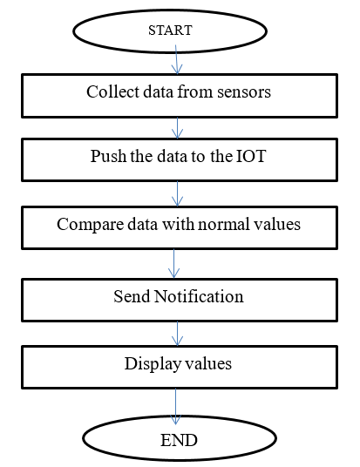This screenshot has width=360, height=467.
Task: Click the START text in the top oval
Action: click(x=170, y=30)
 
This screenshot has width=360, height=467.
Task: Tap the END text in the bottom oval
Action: click(x=179, y=440)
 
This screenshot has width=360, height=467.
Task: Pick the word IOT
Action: click(x=251, y=156)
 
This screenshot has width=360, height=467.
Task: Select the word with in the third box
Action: click(x=178, y=224)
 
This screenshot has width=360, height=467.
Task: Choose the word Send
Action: click(x=132, y=296)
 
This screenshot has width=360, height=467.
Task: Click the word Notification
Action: click(x=199, y=296)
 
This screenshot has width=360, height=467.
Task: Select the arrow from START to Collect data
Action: click(x=176, y=59)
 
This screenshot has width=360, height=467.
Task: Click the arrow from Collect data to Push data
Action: click(x=177, y=128)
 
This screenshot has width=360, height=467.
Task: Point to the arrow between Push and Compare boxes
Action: click(x=177, y=193)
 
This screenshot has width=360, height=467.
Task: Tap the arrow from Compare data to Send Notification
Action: click(x=173, y=264)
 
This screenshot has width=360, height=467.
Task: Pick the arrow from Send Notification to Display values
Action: click(x=177, y=334)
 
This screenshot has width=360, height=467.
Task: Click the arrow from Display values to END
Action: click(x=175, y=407)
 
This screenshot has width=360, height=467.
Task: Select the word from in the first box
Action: click(x=195, y=91)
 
